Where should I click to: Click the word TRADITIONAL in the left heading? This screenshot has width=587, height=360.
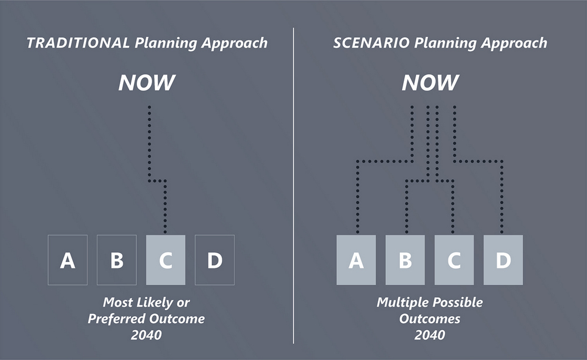[x=77, y=43]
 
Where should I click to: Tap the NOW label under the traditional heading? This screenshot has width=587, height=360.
[x=147, y=83]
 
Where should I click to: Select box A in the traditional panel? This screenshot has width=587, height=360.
[x=68, y=260]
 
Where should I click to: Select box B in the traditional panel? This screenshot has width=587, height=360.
[x=116, y=260]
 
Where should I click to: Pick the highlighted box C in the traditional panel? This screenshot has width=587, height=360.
[x=166, y=260]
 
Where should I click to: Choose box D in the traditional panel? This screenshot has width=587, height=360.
[x=215, y=260]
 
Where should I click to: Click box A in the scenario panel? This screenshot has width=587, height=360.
[x=356, y=260]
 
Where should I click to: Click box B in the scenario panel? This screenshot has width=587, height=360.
[x=405, y=260]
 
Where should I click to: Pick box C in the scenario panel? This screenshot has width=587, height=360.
[x=454, y=260]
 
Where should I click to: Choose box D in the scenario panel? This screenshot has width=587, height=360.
[x=503, y=260]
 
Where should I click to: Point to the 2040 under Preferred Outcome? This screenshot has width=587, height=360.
[x=147, y=335]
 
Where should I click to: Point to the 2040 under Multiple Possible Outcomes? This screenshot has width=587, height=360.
[x=430, y=335]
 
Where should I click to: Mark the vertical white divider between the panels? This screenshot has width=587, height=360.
[x=293, y=182]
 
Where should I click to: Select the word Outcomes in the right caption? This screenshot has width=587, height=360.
[x=430, y=319]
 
